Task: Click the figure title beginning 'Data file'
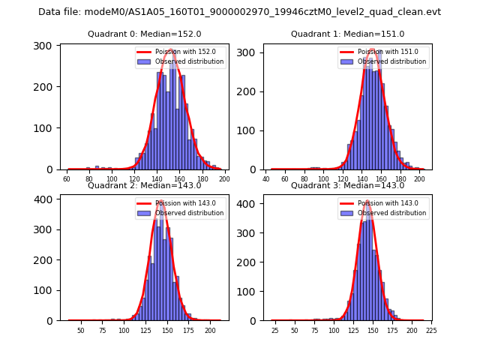pos(239,12)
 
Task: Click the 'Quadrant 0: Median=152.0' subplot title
pos(144,34)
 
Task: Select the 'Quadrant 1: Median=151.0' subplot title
pos(347,34)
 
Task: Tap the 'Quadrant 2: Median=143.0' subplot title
pos(144,185)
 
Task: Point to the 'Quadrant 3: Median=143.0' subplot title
pos(347,185)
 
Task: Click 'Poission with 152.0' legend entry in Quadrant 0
pos(179,52)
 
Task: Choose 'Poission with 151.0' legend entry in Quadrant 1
pos(382,52)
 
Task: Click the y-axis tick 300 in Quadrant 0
pos(44,46)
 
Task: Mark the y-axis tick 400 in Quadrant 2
pos(44,199)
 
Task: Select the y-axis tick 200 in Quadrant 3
pos(247,262)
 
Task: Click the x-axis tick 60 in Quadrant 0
pos(67,180)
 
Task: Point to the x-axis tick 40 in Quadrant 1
pos(266,180)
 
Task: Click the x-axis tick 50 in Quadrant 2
pos(81,330)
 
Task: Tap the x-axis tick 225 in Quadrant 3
pos(431,330)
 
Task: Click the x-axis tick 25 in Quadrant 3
pos(274,330)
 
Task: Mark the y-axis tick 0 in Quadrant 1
pos(253,169)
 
